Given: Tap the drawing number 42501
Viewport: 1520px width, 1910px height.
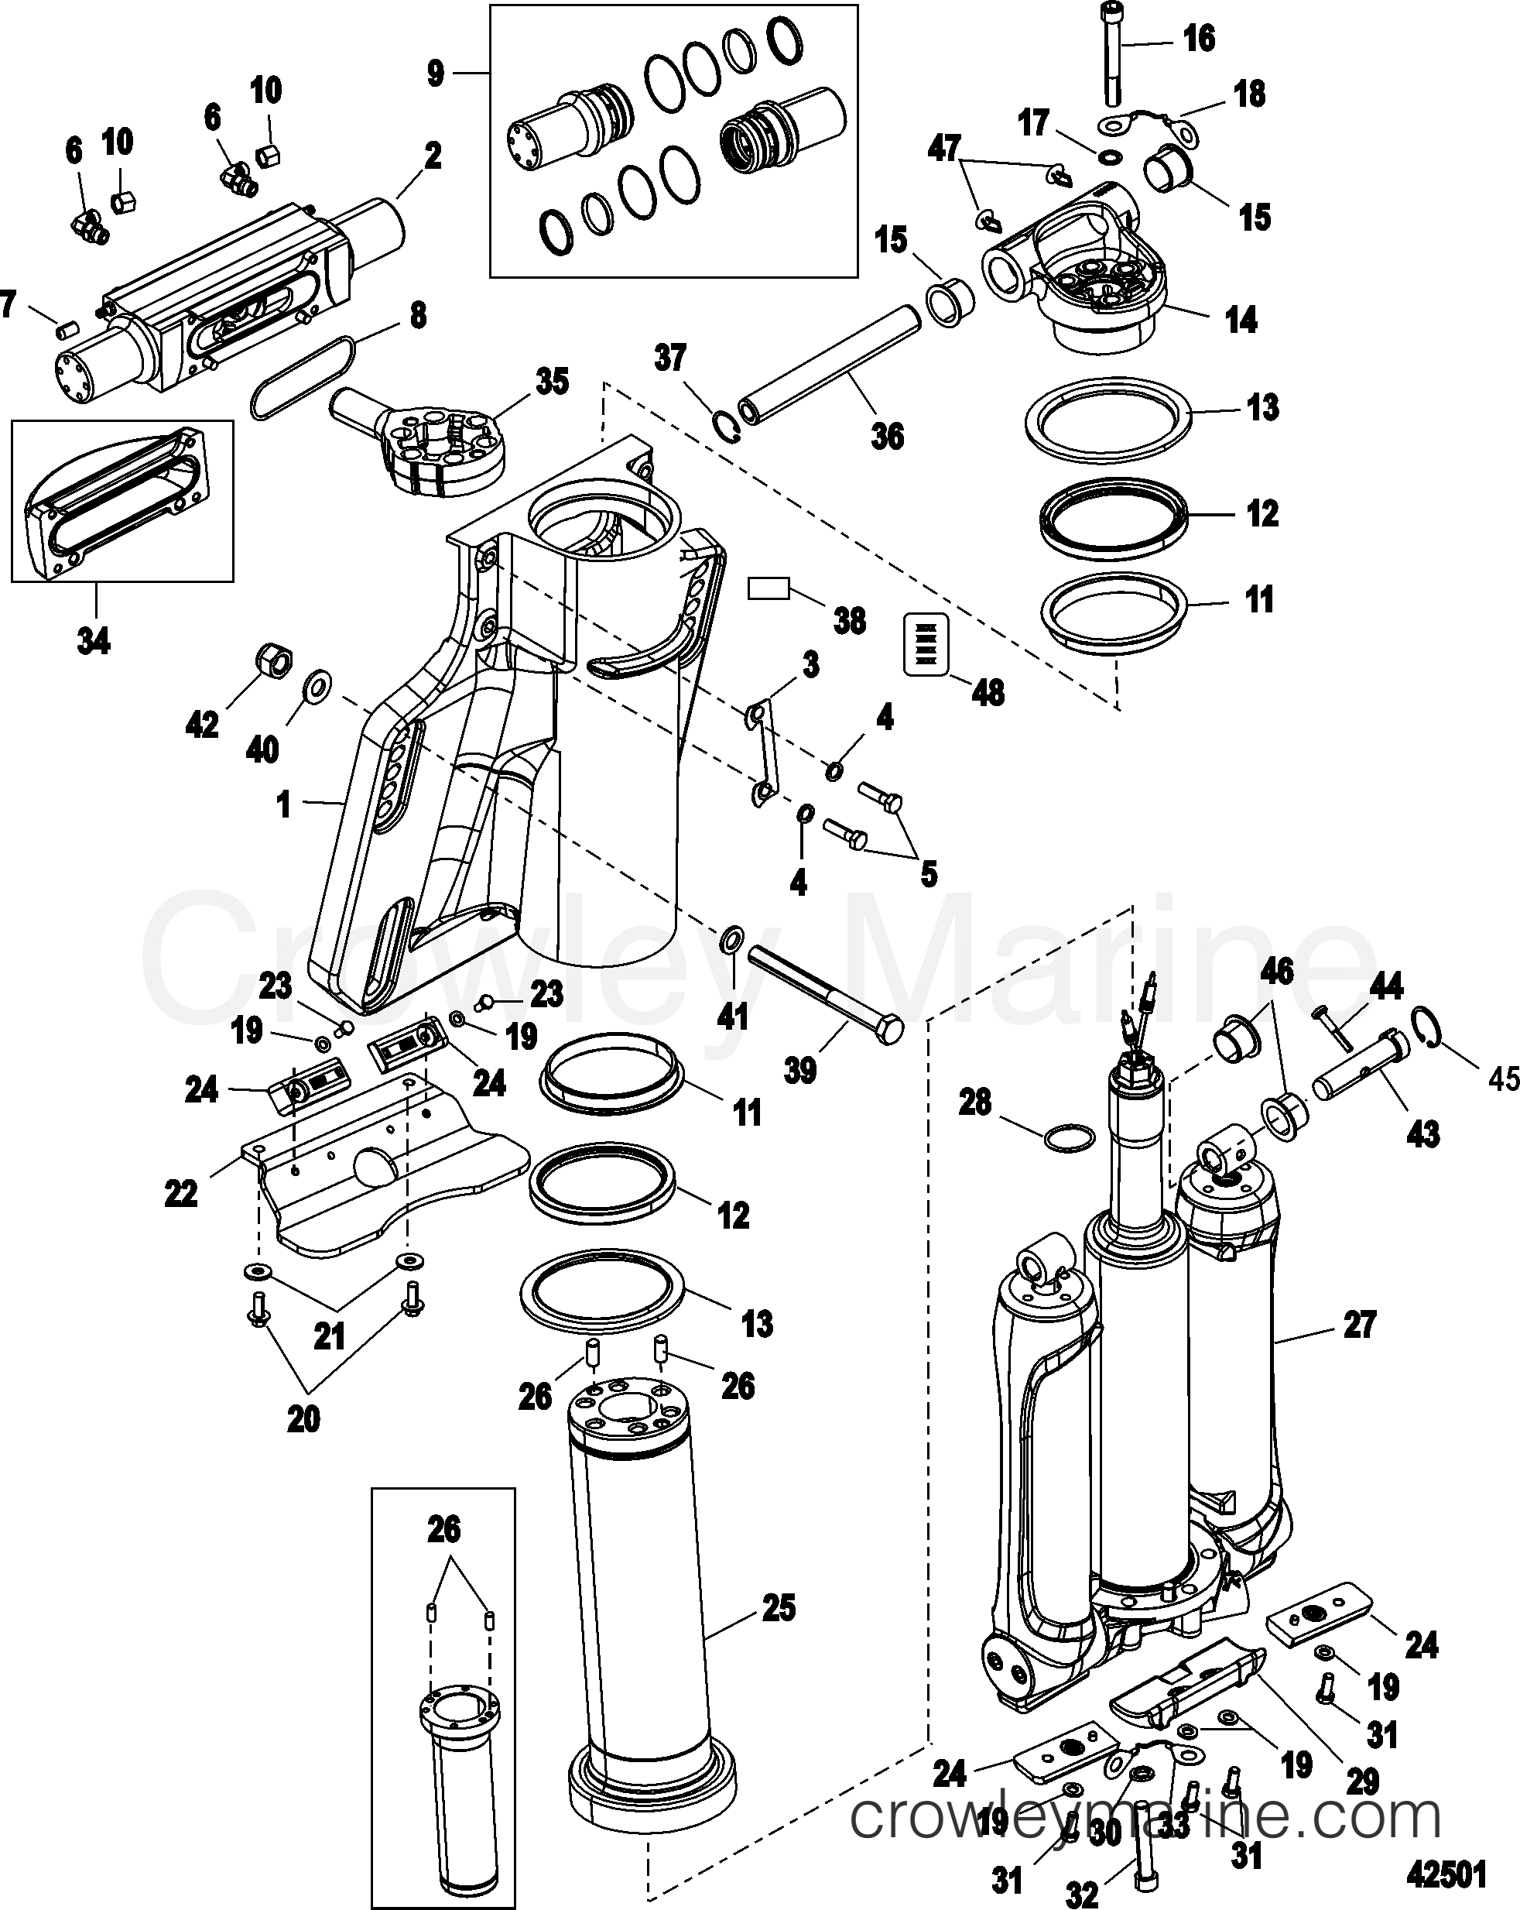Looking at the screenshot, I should point(1446,1874).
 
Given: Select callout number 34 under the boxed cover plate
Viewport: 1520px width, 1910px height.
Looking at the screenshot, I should point(93,639).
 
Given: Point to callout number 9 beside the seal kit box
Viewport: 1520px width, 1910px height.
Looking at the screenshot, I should point(435,74).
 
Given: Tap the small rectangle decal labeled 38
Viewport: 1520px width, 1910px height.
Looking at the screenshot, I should point(769,589).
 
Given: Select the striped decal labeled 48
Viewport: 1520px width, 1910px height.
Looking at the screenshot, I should point(925,643).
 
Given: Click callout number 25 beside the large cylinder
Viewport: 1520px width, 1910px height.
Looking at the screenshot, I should point(778,1608).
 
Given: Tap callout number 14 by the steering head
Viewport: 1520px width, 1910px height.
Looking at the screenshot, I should point(1241,319).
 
